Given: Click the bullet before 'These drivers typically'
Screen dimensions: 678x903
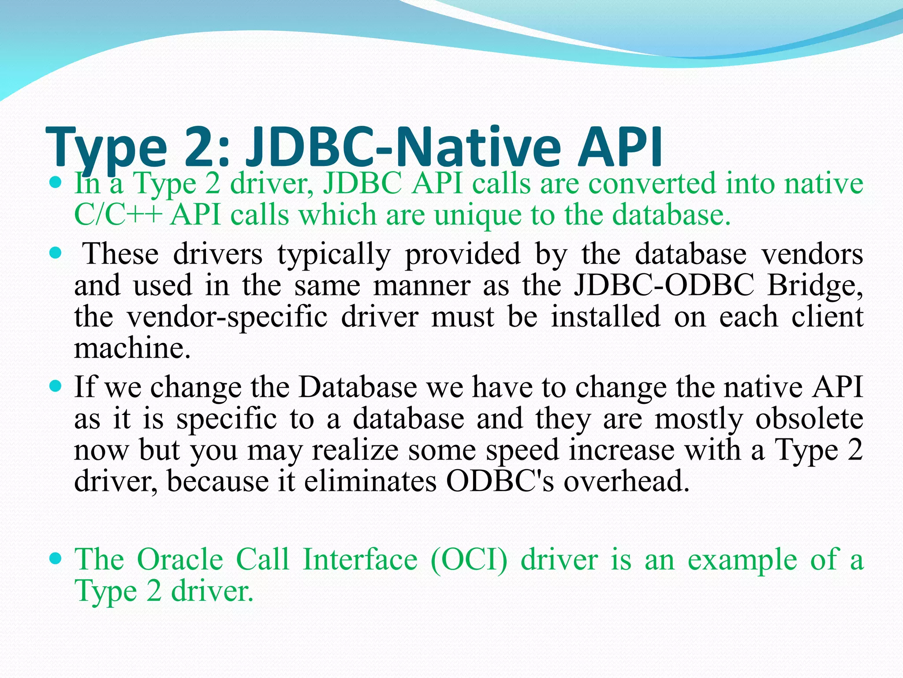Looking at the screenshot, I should coord(56,254).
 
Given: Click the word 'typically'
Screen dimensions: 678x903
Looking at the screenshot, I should coord(334,255).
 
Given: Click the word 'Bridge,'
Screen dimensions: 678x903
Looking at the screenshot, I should coord(815,286).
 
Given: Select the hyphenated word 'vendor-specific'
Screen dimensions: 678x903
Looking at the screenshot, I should coord(227,317).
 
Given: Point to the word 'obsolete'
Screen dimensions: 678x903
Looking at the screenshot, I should coord(809,418).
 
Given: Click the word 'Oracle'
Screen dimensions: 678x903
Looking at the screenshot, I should coord(180,560).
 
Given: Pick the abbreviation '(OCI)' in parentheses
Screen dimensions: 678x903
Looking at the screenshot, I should coord(469,560).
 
